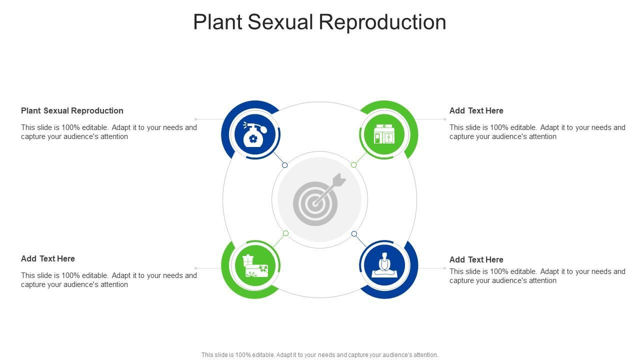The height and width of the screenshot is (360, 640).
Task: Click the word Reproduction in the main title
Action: [382, 22]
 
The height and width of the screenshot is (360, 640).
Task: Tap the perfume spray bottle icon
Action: [254, 134]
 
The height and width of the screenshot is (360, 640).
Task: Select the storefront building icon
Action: [384, 134]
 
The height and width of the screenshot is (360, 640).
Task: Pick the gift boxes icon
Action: [255, 265]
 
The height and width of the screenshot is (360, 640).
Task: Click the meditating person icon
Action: [384, 264]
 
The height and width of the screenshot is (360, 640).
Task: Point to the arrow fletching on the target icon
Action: [339, 180]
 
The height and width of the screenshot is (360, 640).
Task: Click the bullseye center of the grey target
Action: [315, 203]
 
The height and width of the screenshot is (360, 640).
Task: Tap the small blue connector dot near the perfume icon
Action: [284, 165]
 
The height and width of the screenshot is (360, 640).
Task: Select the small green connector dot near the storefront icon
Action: [353, 165]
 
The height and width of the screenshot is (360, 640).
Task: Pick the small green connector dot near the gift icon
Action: [285, 233]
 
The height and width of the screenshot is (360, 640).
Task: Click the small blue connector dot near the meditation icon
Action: [354, 234]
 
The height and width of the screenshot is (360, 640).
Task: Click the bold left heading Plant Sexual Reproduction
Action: [72, 111]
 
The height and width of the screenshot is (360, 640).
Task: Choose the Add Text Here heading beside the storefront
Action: [476, 110]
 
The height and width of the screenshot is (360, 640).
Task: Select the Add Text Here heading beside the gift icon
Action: [47, 258]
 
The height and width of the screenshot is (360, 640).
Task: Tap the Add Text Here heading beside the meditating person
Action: [476, 259]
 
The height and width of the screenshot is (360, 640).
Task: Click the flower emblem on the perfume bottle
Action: [253, 139]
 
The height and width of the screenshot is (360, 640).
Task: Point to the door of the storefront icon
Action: [377, 138]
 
